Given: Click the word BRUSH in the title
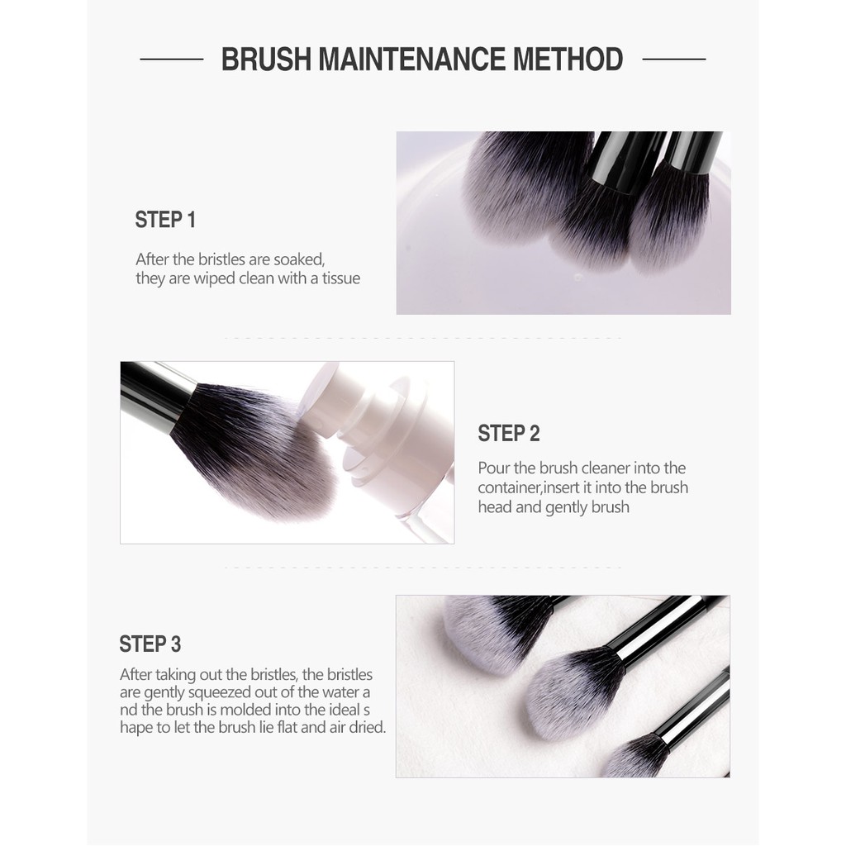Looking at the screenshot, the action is (x=267, y=59).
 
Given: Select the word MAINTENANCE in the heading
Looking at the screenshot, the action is (x=411, y=59).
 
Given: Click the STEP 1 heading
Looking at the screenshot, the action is (x=165, y=220).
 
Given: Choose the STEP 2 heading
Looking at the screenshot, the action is (x=508, y=433).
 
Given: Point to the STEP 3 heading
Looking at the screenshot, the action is (x=150, y=644).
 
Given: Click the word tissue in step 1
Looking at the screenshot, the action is (x=341, y=278).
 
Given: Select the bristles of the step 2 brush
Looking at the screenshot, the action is (x=253, y=448).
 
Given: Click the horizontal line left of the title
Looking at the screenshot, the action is (x=172, y=59).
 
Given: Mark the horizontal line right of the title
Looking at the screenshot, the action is (x=674, y=59).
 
